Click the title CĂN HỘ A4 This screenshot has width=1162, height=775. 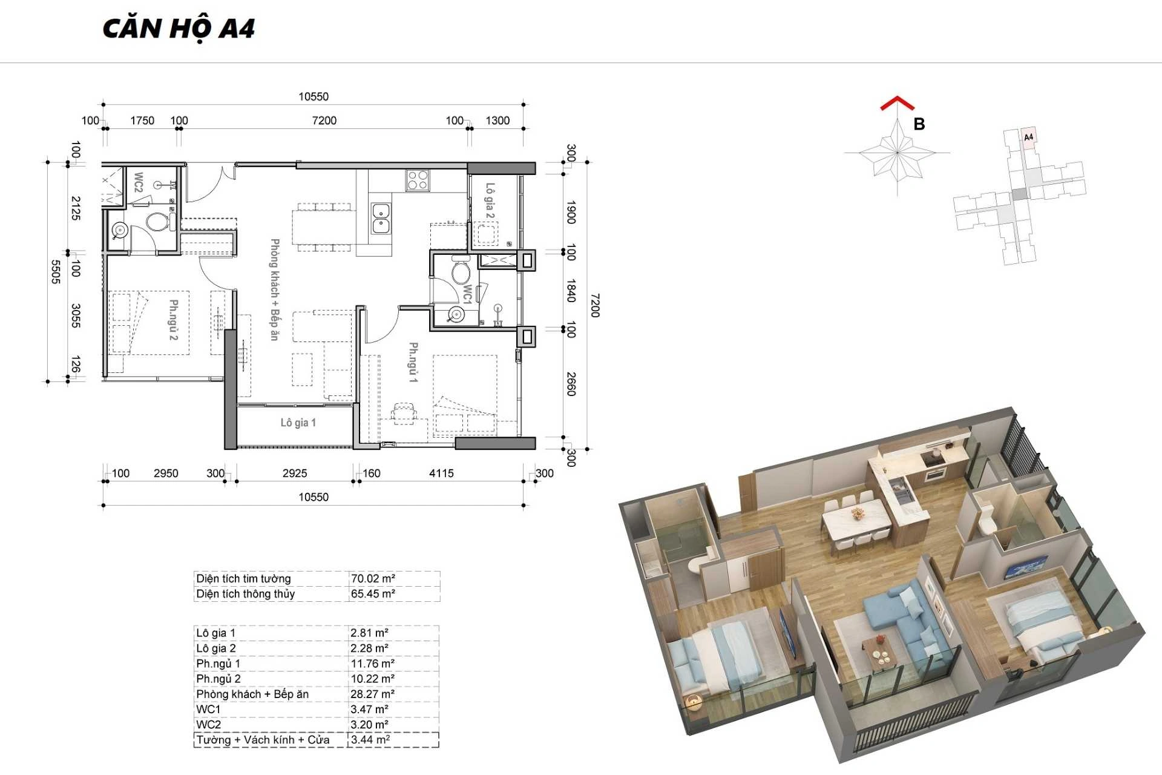(179, 28)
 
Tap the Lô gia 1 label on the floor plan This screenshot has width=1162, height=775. (298, 423)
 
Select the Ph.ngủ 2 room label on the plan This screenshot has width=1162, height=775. (173, 320)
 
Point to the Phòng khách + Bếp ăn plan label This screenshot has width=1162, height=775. (275, 289)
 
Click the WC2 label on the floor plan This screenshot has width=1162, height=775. (139, 182)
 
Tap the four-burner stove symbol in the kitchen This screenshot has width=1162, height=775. (418, 180)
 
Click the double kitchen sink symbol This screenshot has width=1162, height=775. (381, 218)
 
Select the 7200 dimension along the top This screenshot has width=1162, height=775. (324, 120)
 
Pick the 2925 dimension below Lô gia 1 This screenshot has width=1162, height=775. (295, 473)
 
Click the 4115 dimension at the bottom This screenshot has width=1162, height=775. (441, 473)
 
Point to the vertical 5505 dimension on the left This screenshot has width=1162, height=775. (56, 272)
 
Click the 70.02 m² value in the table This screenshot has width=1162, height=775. (373, 578)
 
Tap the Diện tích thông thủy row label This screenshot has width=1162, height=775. (245, 593)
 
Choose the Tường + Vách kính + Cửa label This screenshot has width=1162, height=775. (263, 740)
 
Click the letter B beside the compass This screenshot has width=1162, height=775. (919, 124)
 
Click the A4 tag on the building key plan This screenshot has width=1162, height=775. (1028, 137)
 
